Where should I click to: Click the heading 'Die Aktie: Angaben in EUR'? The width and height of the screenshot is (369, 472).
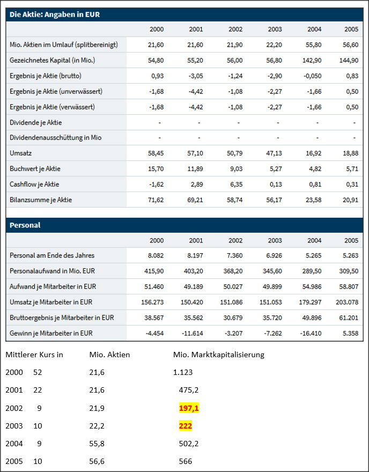(x=55, y=14)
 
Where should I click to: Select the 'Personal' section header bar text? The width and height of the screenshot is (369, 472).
(x=25, y=225)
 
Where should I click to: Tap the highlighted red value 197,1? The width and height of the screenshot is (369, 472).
(x=189, y=409)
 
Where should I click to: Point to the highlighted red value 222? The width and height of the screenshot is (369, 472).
(x=186, y=426)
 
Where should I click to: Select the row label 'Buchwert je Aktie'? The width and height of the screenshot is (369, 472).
(x=35, y=169)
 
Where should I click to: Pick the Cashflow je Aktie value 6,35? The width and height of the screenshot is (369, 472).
(x=235, y=185)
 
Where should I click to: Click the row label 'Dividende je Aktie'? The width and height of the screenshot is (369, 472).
(x=36, y=122)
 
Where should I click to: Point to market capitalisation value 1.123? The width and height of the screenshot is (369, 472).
(x=183, y=372)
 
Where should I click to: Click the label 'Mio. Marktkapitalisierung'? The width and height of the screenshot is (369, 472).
(x=219, y=355)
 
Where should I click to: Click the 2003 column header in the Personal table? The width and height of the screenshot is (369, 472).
(x=275, y=240)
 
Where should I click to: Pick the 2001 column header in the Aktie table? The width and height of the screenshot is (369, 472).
(x=196, y=29)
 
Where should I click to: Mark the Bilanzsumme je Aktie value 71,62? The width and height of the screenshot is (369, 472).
(x=156, y=200)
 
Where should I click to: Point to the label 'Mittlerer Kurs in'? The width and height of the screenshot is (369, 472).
(x=34, y=355)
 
